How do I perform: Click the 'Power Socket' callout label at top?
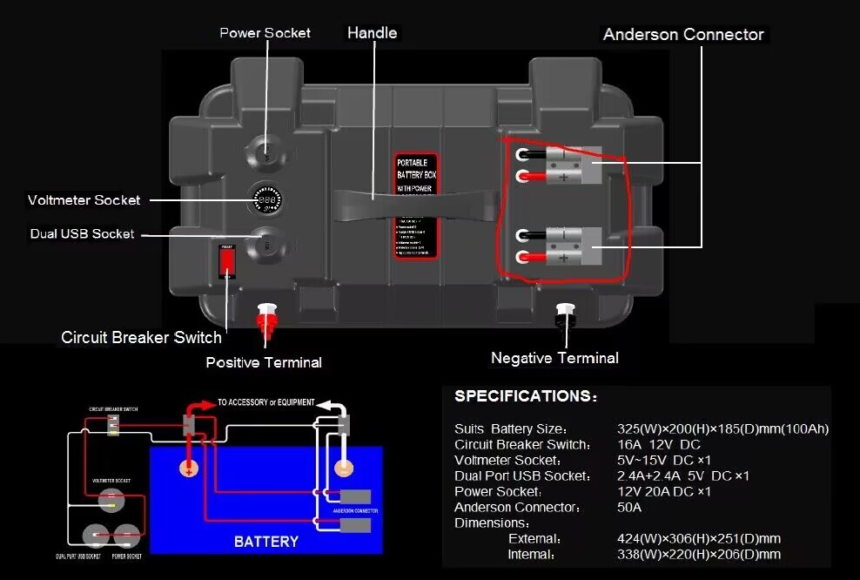[265, 33]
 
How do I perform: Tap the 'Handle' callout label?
[372, 33]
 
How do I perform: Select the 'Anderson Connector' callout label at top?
[683, 35]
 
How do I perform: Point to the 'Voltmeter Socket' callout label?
[84, 200]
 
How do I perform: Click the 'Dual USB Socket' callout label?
[83, 233]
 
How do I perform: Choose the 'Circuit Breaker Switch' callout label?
[141, 337]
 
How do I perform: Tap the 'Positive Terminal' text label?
[264, 362]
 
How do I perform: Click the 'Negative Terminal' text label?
[554, 358]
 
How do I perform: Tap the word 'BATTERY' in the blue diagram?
[265, 542]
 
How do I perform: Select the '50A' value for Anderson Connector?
[629, 508]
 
